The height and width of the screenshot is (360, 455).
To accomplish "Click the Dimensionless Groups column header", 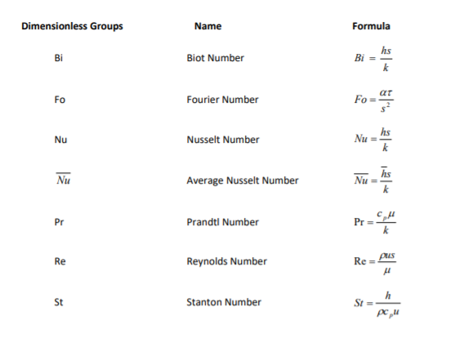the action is [72, 26].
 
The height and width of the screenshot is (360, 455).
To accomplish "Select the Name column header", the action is [207, 26].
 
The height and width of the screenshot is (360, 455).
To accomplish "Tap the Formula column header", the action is [370, 26].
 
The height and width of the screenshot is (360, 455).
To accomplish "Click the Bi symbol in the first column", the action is [57, 59].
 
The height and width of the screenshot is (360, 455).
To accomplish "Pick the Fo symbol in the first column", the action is [59, 100].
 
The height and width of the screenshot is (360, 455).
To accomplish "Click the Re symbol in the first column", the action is [59, 262].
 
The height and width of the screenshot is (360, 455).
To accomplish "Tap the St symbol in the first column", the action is [59, 302].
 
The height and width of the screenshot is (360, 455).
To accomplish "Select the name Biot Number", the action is [215, 59].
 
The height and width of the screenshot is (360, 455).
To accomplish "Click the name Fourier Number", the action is [222, 100].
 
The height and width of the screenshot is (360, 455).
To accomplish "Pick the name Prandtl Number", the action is [222, 222].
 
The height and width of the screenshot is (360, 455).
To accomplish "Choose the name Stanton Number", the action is [224, 302].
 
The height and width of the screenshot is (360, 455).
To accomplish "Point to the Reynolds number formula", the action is [374, 262].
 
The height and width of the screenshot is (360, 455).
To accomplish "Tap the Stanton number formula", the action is [373, 302].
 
